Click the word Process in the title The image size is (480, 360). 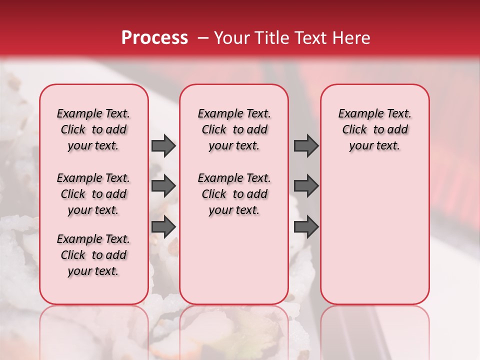(x=154, y=38)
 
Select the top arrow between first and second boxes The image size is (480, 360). (x=163, y=145)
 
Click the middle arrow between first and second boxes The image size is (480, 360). (x=163, y=186)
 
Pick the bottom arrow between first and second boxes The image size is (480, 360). (x=163, y=227)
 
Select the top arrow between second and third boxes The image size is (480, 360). (x=306, y=145)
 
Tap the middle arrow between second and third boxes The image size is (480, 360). (x=306, y=186)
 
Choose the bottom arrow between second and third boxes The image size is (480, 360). (x=306, y=227)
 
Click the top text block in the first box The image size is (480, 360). (x=93, y=129)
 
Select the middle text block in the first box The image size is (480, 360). (x=93, y=194)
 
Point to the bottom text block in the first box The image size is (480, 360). (x=93, y=255)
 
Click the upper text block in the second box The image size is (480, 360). (x=234, y=129)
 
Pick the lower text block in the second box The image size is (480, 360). (x=234, y=194)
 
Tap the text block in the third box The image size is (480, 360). (x=375, y=129)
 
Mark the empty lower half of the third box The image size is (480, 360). (x=375, y=235)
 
